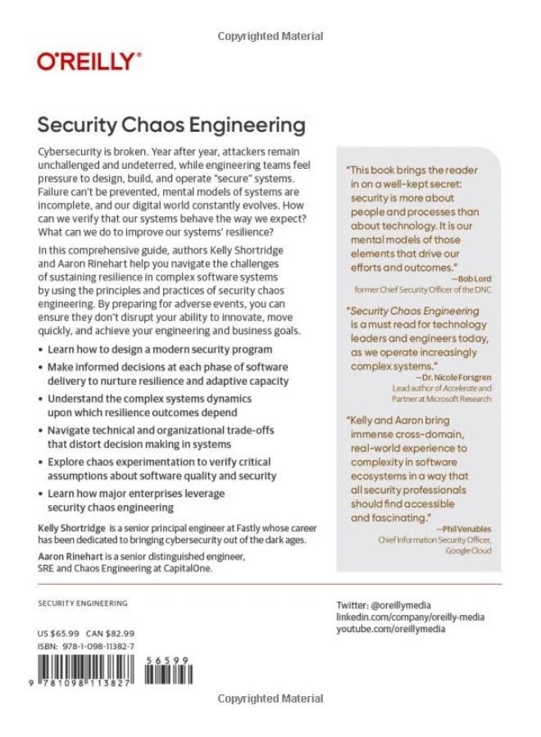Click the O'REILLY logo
[x=89, y=61]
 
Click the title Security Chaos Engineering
[x=171, y=125]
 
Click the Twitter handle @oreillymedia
[x=383, y=604]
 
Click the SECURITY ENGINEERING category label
[x=83, y=604]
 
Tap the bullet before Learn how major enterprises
[x=43, y=495]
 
